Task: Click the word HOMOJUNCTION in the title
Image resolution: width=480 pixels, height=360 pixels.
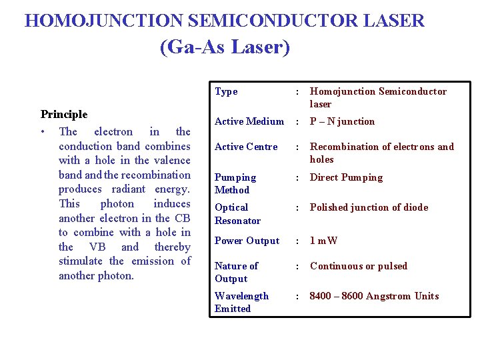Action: [104, 20]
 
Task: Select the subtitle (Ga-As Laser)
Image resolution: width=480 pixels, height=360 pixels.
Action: [225, 47]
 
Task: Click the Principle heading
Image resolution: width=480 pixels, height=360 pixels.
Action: [64, 115]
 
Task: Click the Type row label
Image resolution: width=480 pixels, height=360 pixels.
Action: [226, 91]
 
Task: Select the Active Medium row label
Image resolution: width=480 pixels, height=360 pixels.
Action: [249, 121]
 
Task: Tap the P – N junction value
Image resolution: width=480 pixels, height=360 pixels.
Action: [342, 121]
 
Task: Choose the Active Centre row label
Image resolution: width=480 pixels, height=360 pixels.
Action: [245, 147]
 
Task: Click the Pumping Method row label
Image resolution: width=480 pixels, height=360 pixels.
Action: [235, 183]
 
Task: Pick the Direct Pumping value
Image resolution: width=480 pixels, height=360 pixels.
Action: [346, 177]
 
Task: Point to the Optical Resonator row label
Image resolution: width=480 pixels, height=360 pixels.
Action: [237, 214]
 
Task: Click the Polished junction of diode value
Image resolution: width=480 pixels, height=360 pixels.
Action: [369, 207]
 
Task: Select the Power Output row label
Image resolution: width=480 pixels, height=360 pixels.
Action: [247, 241]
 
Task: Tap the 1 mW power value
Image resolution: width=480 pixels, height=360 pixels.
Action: [324, 241]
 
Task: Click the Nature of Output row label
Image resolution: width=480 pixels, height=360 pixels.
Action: [236, 272]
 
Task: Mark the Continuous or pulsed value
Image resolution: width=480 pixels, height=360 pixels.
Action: [358, 266]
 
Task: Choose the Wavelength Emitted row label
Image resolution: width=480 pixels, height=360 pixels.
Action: [241, 302]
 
